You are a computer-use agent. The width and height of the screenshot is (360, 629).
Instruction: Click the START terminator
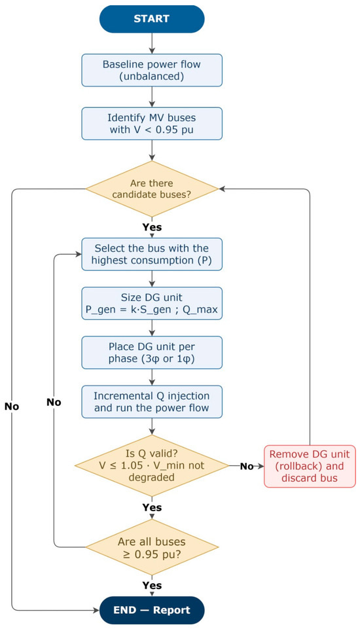point(152,18)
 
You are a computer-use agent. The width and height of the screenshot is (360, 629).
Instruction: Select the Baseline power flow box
point(152,70)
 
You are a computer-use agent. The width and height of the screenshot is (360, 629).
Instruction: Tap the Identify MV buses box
point(152,124)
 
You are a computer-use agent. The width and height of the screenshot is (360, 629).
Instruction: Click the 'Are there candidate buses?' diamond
point(152,189)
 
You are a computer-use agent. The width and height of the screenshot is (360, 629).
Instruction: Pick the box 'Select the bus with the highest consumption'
point(152,255)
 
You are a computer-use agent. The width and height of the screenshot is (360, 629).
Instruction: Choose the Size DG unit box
point(152,303)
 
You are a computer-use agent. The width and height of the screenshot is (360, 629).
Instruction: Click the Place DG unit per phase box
point(152,353)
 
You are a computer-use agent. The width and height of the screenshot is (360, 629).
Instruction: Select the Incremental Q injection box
point(152,402)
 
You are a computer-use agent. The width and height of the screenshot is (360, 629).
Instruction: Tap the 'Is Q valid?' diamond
point(152,466)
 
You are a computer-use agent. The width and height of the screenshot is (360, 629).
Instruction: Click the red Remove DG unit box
point(310,466)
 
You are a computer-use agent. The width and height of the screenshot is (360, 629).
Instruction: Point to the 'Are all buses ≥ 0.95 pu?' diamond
point(152,547)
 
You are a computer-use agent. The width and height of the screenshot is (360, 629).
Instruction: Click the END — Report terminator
point(152,610)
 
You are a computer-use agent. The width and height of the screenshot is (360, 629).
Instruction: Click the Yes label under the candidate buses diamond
point(152,227)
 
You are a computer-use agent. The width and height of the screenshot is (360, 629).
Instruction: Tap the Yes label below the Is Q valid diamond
point(152,507)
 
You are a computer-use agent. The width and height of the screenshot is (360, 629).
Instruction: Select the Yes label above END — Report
point(152,586)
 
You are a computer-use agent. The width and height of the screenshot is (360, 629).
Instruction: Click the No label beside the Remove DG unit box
point(247,466)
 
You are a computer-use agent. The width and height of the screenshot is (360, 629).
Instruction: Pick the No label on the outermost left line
point(12,406)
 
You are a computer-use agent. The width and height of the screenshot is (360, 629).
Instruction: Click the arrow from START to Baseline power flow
point(152,43)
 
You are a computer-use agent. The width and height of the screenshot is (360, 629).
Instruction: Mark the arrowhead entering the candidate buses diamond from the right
point(222,189)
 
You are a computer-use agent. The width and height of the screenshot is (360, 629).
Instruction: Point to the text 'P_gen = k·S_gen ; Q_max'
point(152,310)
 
